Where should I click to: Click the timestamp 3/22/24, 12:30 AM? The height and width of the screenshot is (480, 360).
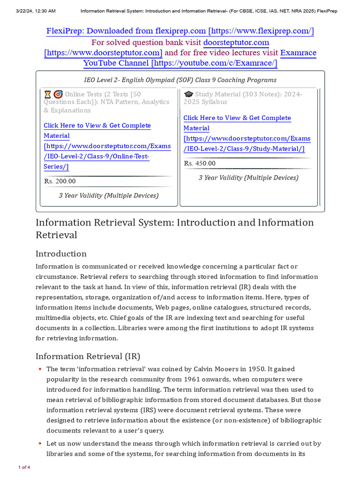coord(29,10)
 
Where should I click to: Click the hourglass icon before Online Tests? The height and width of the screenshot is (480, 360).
coord(47,94)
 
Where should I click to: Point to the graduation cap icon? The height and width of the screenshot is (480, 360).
coord(188,94)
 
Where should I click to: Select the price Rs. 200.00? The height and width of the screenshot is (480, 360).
coord(60,181)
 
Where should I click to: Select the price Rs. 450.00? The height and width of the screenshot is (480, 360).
coord(200,164)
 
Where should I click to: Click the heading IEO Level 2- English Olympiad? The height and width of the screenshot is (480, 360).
coord(180,80)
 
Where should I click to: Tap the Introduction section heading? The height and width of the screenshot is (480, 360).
coord(61,254)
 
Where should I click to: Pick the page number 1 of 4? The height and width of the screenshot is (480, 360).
coord(24,467)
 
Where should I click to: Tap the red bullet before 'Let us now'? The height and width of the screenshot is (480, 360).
coord(40,443)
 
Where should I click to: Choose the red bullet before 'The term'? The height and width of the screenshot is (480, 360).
coord(40,369)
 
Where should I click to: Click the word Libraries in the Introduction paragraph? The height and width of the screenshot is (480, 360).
coord(134,328)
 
